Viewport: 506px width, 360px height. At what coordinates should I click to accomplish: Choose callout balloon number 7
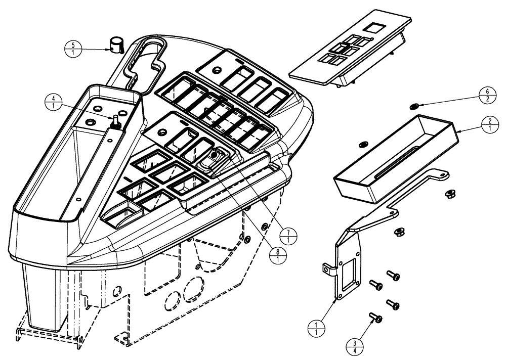288,237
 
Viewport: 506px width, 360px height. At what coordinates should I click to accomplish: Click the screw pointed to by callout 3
375,318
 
